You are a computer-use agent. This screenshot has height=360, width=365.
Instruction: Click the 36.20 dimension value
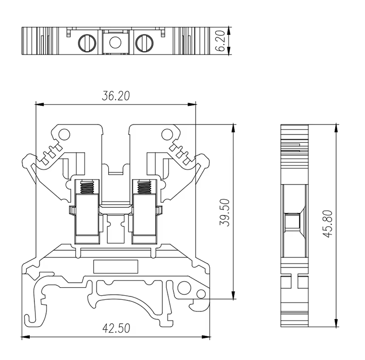point(115,96)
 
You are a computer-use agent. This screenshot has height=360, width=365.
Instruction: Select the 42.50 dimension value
point(116,329)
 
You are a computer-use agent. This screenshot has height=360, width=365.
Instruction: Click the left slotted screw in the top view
point(86,42)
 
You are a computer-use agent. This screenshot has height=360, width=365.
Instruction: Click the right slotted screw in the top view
point(144,42)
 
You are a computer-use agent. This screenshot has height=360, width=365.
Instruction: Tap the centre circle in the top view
point(115,42)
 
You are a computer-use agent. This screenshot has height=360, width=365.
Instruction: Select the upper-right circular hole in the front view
point(167,133)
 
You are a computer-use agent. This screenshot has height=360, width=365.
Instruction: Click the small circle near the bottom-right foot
point(201,294)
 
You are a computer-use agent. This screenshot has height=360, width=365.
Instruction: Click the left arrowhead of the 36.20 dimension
point(37,105)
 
